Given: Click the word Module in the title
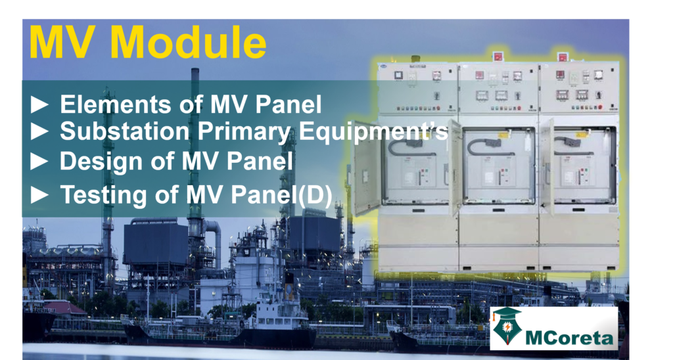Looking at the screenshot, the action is click(188, 43).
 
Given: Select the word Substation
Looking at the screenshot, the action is click(124, 131).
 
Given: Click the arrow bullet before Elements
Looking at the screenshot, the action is click(39, 104).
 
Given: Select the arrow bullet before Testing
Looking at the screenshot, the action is click(39, 195).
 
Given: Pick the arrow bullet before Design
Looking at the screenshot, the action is click(39, 162).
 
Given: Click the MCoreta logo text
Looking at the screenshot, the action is click(569, 338).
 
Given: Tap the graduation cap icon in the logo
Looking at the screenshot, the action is click(507, 315).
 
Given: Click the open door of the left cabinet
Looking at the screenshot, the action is click(366, 169).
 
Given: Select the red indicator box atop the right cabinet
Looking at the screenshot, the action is click(563, 57).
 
